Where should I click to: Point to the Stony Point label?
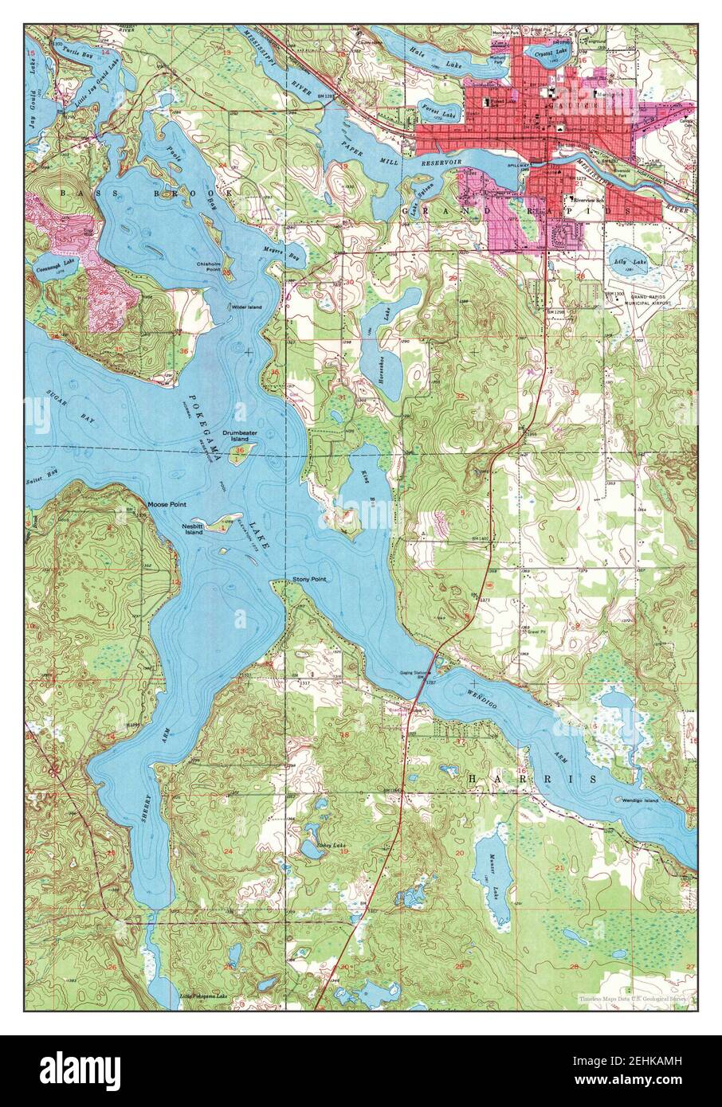tap(309, 579)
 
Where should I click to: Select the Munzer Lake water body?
tap(492, 884)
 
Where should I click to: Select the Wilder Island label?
tap(246, 307)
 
